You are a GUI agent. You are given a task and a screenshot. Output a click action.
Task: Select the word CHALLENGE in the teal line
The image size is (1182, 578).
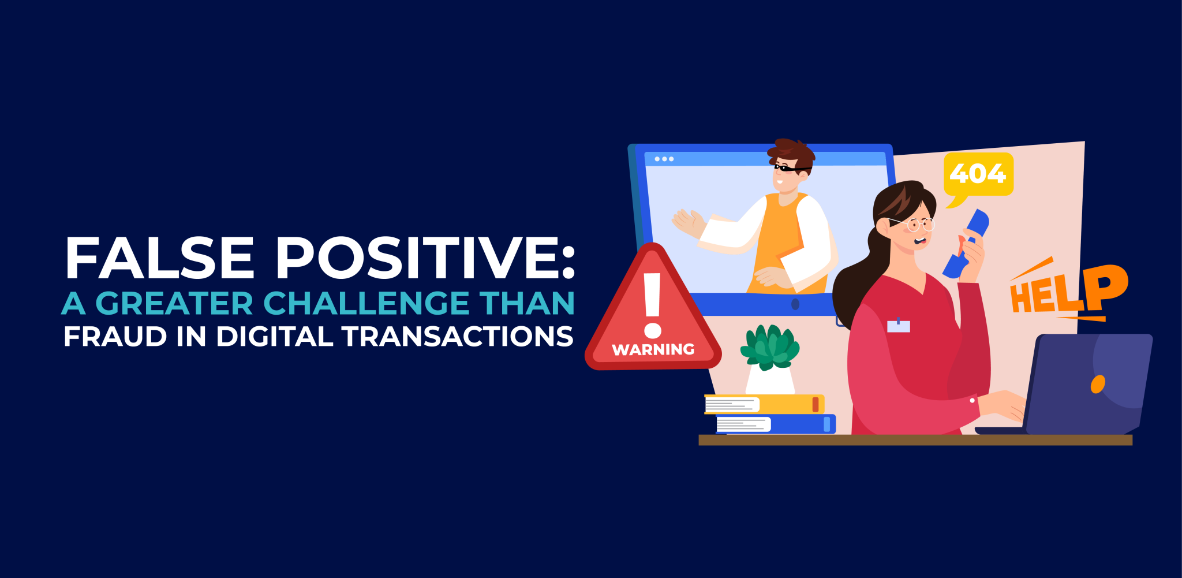(x=366, y=303)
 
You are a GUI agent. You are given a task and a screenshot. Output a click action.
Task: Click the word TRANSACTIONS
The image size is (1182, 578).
(x=458, y=337)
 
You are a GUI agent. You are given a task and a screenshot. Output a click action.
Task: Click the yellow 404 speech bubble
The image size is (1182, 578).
(x=978, y=174)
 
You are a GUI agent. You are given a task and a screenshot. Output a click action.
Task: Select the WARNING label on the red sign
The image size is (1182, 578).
(x=653, y=349)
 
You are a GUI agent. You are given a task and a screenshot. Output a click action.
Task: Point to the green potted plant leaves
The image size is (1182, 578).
(x=770, y=346)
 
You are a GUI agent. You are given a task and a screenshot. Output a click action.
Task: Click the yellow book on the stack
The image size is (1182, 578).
(x=765, y=404)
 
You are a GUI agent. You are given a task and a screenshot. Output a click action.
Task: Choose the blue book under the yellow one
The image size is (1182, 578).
(x=776, y=424)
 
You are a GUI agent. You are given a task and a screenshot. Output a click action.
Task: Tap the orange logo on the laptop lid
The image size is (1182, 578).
(x=1097, y=384)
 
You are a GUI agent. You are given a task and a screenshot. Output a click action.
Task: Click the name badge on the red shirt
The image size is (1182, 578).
(x=898, y=326)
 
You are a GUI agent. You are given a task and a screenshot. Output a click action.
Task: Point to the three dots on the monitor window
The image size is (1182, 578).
(x=664, y=159)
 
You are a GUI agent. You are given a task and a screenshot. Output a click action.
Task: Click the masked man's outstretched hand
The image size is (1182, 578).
(x=687, y=222)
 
